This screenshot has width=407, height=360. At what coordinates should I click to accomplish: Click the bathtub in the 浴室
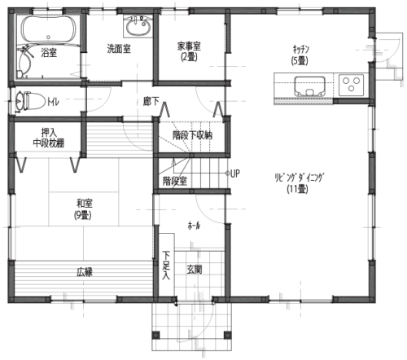tap(49, 29)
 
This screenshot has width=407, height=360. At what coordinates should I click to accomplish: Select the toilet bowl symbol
tap(30, 101)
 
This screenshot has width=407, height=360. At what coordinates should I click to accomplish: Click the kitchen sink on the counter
tap(310, 86)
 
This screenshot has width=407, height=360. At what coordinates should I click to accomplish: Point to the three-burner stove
tap(351, 85)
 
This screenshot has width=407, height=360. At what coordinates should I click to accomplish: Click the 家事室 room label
tap(189, 51)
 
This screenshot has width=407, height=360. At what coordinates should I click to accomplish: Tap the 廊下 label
tap(151, 101)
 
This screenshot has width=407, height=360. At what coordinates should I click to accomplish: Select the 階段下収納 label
tap(192, 135)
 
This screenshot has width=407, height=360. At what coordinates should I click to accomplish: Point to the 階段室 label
tap(175, 181)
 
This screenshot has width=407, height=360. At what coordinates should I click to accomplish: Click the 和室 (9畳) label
tap(83, 209)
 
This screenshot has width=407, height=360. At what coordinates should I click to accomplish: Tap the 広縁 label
tap(85, 272)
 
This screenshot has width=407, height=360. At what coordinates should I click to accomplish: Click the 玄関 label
tap(195, 270)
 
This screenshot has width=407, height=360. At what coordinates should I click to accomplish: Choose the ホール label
tap(194, 226)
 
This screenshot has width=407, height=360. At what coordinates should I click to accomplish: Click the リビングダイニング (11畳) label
tap(299, 183)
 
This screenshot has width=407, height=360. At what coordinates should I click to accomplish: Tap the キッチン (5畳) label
tap(300, 55)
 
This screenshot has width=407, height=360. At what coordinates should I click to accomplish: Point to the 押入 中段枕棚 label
tap(49, 138)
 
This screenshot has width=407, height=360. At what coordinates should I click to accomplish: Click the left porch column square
tap(155, 335)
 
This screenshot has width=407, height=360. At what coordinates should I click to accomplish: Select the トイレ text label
tap(53, 103)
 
